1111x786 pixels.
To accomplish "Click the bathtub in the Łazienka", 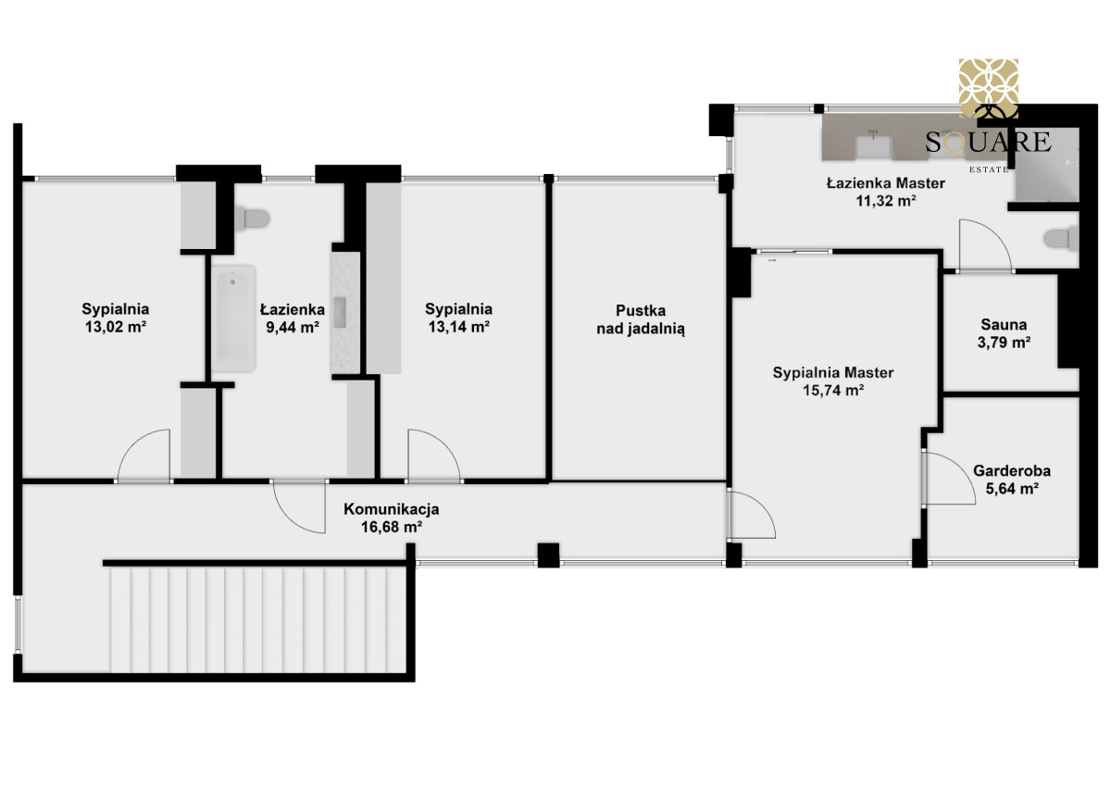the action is [233, 318].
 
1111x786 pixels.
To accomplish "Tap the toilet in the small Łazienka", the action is [252, 218].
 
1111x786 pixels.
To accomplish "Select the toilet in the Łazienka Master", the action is [1061, 239].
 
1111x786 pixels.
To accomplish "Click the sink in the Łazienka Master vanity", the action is [873, 147].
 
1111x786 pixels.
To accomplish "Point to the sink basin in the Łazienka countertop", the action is [340, 312].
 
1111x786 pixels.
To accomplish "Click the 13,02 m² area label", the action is [116, 328].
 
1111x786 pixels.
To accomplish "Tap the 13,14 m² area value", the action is [459, 328].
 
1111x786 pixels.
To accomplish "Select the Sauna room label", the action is [1004, 325].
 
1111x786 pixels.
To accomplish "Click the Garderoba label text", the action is [1012, 470].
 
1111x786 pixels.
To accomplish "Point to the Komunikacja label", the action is [392, 509].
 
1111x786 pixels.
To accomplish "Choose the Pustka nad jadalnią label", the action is [641, 319].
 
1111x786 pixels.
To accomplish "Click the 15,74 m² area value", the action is [833, 391].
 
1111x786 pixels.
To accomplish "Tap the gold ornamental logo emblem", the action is [989, 88].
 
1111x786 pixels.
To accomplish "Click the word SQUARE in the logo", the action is [988, 143].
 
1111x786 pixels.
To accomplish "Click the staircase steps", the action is [258, 620].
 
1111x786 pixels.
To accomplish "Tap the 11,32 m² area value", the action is [886, 201].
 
